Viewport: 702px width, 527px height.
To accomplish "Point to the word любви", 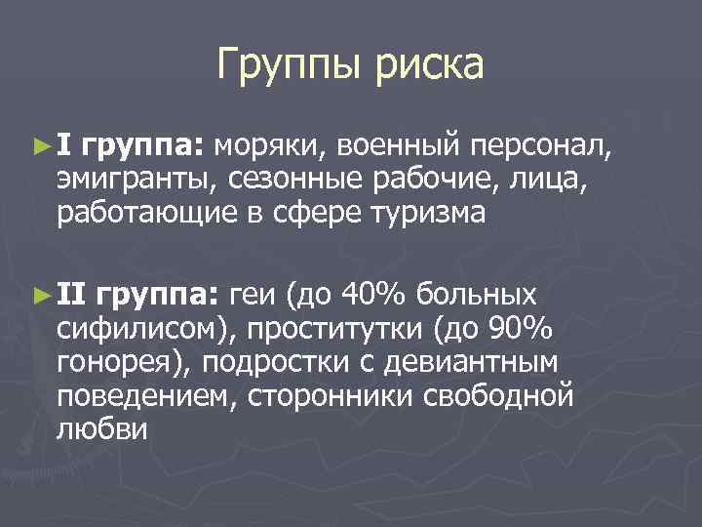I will click(101, 429).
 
